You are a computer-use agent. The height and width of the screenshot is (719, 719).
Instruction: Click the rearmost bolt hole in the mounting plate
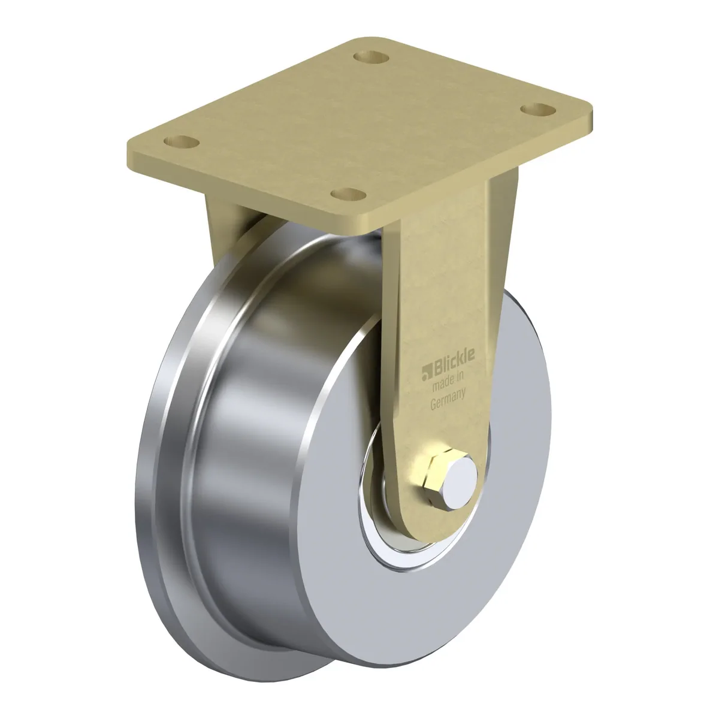[371, 58]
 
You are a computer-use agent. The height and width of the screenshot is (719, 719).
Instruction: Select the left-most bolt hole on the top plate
[182, 142]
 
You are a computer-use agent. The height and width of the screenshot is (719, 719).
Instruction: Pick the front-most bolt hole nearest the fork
[349, 194]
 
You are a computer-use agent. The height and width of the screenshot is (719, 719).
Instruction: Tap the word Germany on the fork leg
[448, 398]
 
